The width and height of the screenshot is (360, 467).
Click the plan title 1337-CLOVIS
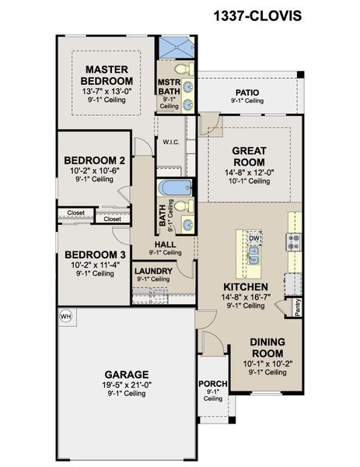257,16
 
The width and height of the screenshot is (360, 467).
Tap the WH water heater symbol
65,316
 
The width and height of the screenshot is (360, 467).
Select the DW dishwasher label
254,239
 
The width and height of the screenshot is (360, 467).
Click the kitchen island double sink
253,256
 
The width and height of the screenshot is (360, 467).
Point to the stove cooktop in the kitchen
294,242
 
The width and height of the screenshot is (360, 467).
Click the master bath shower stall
177,47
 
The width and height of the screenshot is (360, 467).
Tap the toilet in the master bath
184,69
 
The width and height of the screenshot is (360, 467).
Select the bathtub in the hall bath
175,188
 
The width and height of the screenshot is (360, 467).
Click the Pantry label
298,307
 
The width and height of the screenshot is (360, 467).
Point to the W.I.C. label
171,142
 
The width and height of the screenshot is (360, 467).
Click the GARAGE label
127,374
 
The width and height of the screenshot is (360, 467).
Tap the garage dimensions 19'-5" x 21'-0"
127,384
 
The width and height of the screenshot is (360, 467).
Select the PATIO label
247,93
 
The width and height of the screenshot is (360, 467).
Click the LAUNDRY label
153,271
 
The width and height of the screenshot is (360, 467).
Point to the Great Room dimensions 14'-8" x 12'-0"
250,173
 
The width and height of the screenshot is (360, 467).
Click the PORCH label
213,384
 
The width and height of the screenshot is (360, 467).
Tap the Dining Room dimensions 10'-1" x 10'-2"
267,363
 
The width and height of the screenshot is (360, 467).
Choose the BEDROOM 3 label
95,255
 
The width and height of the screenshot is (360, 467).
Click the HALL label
165,244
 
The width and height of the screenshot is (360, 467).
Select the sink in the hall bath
187,225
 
